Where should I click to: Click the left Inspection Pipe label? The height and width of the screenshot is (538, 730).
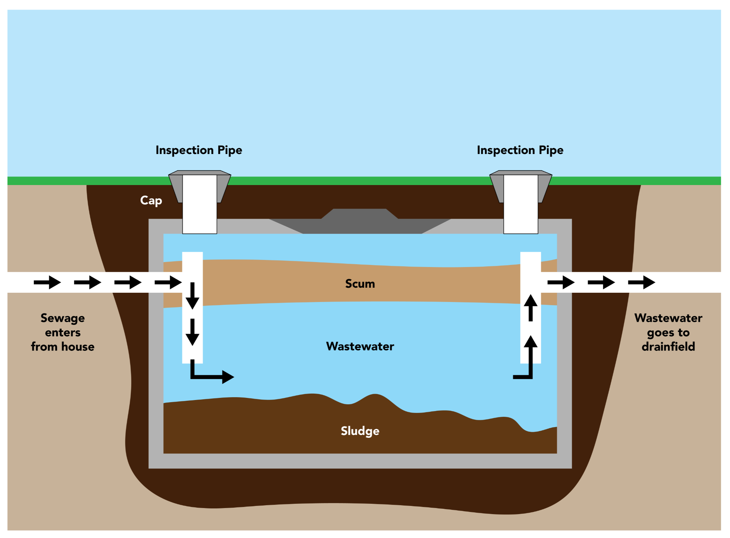tap(199, 150)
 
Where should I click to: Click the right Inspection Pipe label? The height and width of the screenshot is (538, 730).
tap(520, 150)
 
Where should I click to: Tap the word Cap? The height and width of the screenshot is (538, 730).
tap(151, 200)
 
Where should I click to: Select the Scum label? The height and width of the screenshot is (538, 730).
tap(360, 284)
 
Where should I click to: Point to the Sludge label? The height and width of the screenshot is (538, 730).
tap(360, 431)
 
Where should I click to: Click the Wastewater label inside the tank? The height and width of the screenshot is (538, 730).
tap(360, 347)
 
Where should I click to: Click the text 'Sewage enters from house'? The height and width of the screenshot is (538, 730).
tap(63, 332)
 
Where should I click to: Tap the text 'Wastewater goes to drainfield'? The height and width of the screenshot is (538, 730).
tap(668, 332)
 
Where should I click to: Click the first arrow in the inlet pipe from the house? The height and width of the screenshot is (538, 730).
tap(47, 282)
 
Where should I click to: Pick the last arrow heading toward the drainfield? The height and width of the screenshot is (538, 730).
tap(641, 282)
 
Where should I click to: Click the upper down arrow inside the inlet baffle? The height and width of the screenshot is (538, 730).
tap(192, 296)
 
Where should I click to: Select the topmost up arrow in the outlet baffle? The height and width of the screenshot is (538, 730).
tap(530, 308)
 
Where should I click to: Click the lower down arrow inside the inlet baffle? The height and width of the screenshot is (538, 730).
tap(192, 332)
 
